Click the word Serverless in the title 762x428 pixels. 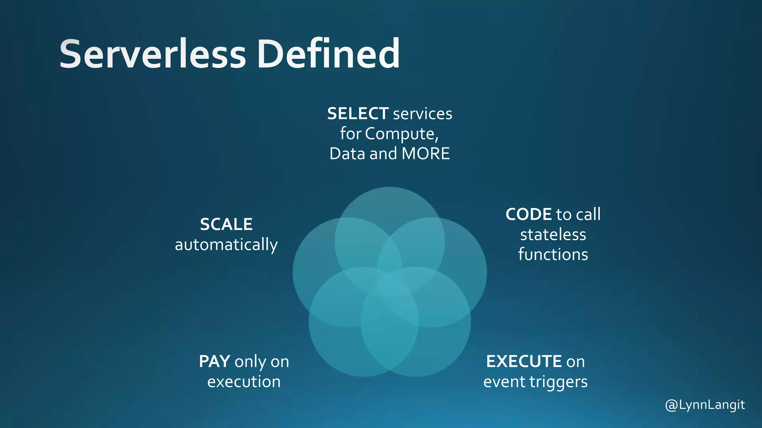point(153,54)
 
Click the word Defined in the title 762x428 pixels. point(328,54)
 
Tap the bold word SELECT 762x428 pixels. point(358,114)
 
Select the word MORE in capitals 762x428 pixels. point(426,154)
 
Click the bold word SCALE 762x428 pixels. point(226,224)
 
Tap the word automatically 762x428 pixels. point(226,245)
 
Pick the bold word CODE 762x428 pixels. point(528,214)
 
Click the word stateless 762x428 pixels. point(553,235)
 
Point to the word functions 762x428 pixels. point(553,255)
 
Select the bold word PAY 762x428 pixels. point(214,361)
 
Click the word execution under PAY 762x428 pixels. point(244,382)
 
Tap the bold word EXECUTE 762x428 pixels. point(524,361)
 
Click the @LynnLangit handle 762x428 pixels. point(705,405)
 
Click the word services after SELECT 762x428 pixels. point(423,114)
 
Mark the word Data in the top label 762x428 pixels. point(347,154)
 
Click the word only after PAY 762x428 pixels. point(250,361)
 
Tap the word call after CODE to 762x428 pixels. point(588,214)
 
